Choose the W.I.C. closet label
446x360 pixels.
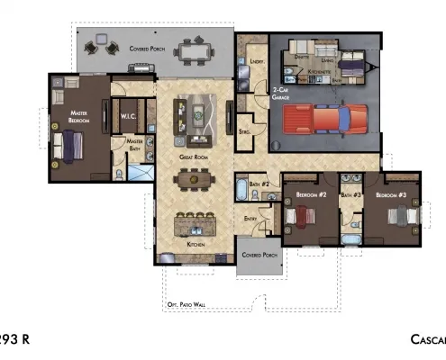pos(126,117)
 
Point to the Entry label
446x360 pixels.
pos(250,218)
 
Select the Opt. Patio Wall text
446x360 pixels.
pos(187,305)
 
